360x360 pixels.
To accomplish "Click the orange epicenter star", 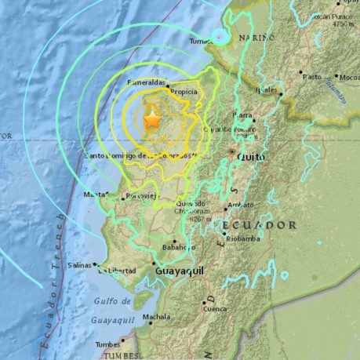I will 151,119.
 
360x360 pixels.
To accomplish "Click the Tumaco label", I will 202,42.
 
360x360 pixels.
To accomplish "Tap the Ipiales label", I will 267,90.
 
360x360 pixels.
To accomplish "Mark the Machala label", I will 156,317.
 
